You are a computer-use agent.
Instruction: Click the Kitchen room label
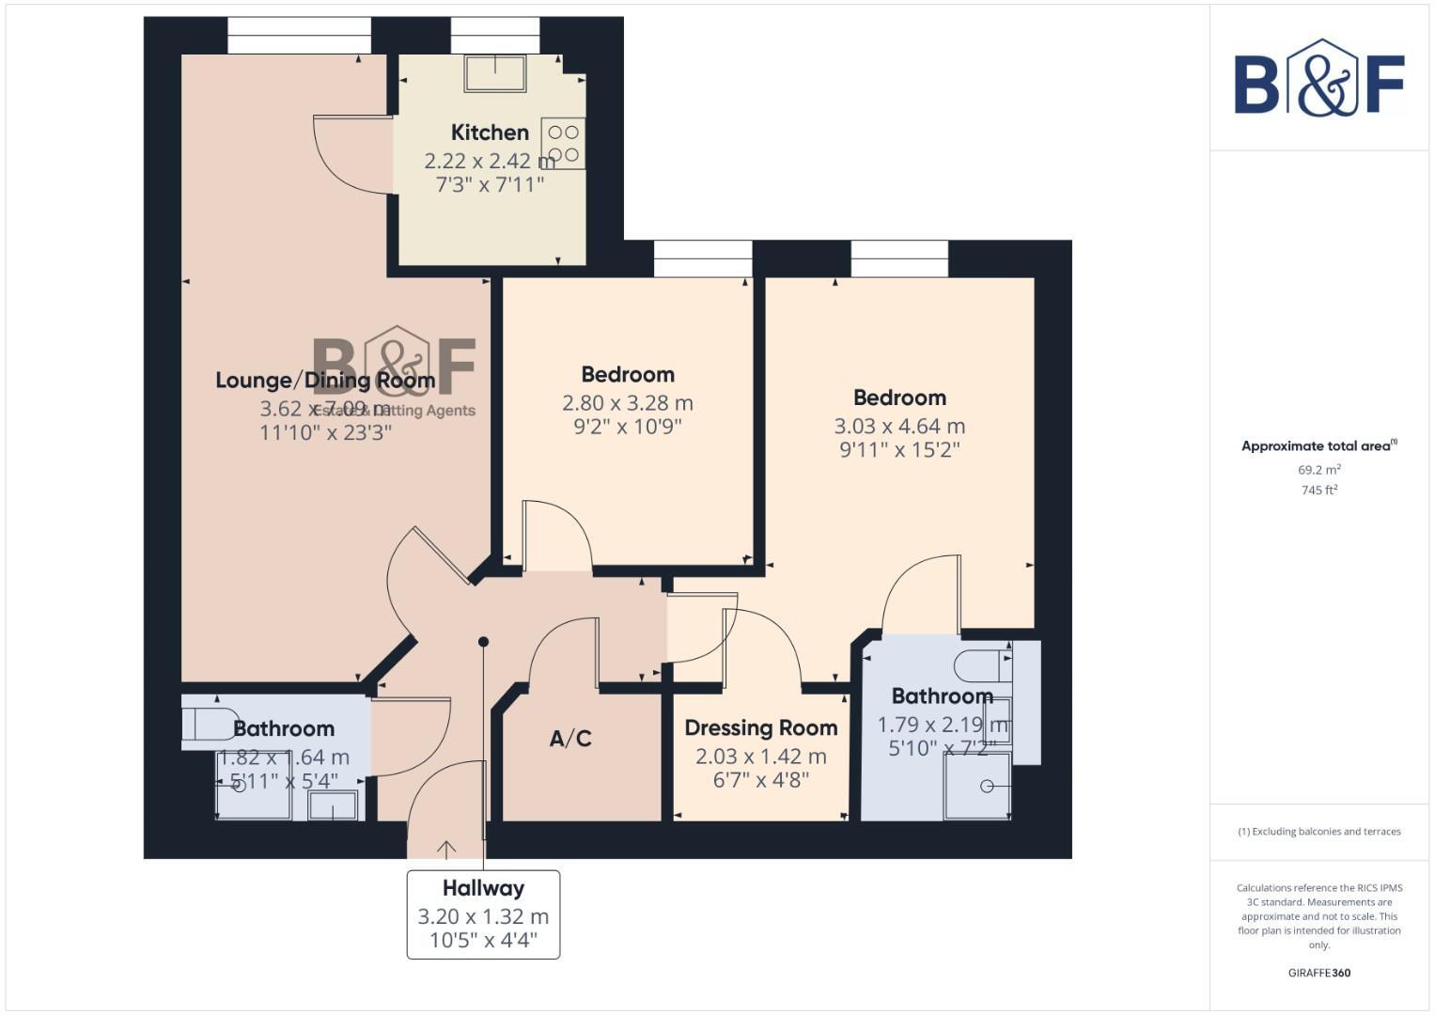click(490, 133)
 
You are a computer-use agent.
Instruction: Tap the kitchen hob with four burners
click(563, 144)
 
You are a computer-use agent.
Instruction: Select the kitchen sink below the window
click(495, 72)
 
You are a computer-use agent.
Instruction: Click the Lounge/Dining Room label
click(325, 381)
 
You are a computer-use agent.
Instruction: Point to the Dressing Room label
click(760, 728)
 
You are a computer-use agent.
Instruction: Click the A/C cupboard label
click(570, 739)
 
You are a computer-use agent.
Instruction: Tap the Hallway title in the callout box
click(483, 888)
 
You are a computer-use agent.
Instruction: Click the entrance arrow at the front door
click(446, 849)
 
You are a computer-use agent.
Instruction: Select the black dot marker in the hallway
click(483, 642)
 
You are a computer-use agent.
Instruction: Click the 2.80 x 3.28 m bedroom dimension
click(627, 403)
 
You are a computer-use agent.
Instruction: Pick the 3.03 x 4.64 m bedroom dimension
click(899, 427)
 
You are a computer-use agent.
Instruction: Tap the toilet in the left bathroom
click(209, 725)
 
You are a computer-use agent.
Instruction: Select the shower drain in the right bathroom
click(987, 786)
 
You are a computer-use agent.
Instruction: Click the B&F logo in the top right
click(1318, 78)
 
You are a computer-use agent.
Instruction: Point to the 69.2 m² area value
click(1318, 470)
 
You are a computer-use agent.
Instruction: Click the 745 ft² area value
click(1318, 491)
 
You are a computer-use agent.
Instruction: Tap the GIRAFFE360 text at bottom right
click(1318, 973)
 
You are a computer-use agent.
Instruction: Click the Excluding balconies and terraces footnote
click(1318, 832)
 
